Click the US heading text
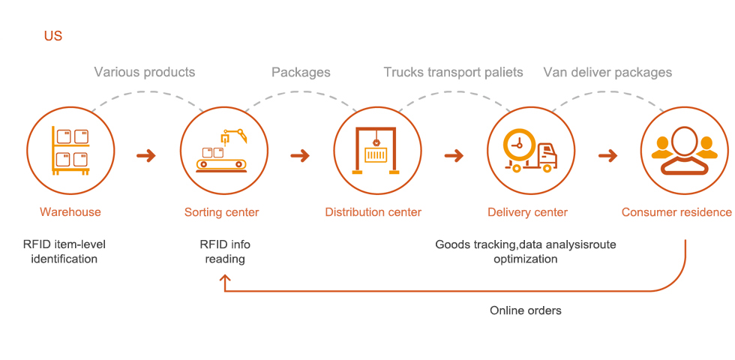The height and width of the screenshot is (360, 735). click(52, 35)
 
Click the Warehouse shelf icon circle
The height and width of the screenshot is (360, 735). click(70, 149)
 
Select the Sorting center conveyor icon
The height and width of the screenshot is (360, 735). click(223, 149)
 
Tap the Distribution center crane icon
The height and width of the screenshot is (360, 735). click(376, 149)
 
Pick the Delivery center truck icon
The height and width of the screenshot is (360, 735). click(530, 149)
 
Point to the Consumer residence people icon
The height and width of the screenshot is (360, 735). click(684, 149)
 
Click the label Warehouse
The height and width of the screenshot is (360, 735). click(70, 212)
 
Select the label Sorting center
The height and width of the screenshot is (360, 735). click(222, 212)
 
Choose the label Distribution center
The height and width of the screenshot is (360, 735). click(373, 212)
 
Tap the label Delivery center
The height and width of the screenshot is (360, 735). click(527, 212)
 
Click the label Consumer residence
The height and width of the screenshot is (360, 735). click(676, 212)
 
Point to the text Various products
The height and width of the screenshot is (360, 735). click(144, 72)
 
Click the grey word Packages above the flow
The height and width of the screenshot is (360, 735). click(301, 72)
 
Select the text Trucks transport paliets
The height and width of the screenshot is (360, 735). click(453, 72)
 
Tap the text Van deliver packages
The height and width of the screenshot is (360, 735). click(607, 72)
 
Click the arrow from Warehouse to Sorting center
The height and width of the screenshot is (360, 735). click(146, 156)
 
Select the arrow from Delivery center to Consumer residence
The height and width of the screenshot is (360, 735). click(607, 156)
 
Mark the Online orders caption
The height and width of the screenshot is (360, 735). click(525, 310)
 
